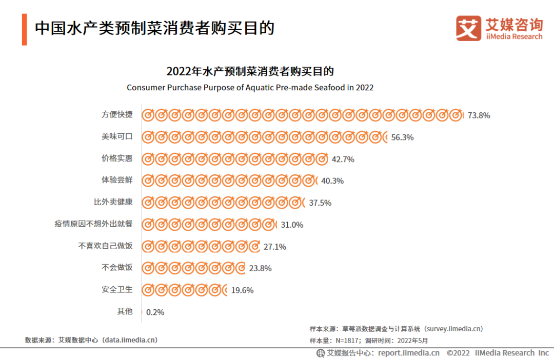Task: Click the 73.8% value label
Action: click(x=478, y=115)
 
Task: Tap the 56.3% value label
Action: click(x=402, y=137)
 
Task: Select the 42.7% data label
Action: click(x=343, y=159)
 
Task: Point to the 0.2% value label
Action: click(x=155, y=312)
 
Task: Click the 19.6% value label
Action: click(x=242, y=290)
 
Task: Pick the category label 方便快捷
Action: click(x=117, y=114)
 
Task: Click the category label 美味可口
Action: click(x=117, y=136)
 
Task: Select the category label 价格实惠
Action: click(x=117, y=158)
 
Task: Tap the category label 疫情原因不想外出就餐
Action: click(x=93, y=224)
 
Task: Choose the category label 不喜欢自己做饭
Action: click(x=105, y=246)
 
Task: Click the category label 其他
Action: click(x=125, y=311)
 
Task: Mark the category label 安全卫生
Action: click(x=117, y=289)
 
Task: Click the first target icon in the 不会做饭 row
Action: click(x=148, y=268)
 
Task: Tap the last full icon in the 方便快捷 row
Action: click(x=455, y=115)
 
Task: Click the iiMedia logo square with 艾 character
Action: click(x=468, y=28)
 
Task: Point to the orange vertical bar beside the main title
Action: click(x=24, y=29)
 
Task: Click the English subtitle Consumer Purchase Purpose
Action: click(x=250, y=88)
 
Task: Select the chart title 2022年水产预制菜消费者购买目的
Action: click(x=250, y=71)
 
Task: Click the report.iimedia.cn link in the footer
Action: click(x=408, y=353)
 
